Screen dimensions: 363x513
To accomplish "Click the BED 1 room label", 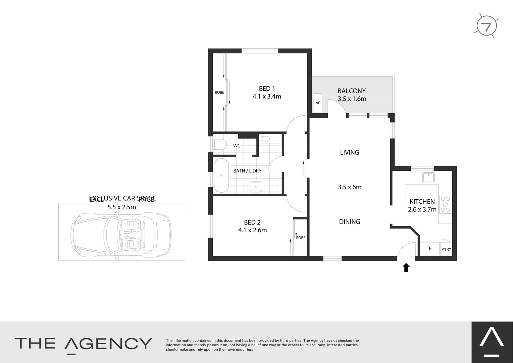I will [267, 89].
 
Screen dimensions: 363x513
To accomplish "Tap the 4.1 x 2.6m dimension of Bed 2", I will [252, 230].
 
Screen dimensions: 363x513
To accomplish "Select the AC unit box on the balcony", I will [318, 103].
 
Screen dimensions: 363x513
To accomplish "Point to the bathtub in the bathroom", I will [221, 175].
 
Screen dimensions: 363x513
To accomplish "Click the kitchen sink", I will [428, 177].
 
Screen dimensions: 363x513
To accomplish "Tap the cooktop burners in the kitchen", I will [446, 204].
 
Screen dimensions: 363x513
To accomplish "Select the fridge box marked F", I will [430, 249].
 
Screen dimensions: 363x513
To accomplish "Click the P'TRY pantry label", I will [446, 249].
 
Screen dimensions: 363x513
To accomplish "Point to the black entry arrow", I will [406, 268].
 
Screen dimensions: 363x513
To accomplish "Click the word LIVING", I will [350, 153].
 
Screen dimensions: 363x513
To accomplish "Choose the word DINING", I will [350, 222].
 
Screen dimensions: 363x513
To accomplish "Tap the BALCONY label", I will [352, 91].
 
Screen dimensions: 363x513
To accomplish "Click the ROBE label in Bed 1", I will [219, 92].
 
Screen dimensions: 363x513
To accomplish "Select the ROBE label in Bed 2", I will [301, 238].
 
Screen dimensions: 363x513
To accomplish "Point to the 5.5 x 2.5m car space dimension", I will [121, 207].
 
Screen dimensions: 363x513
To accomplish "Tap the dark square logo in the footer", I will [492, 342].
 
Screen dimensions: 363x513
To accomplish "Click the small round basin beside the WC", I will [265, 138].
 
